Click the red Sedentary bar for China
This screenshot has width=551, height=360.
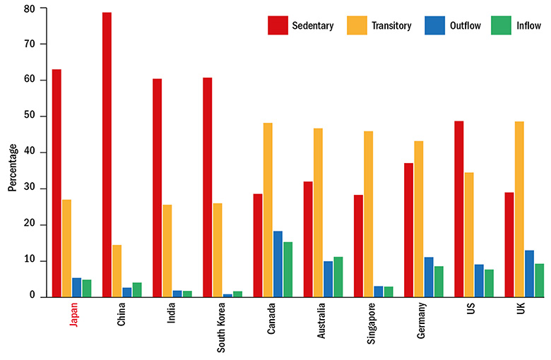[x=107, y=155]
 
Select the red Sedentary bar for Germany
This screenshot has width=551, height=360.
[x=408, y=229]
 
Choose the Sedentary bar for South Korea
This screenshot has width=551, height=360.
[x=207, y=187]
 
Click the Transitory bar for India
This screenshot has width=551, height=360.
[x=167, y=251]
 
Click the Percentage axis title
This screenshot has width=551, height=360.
[x=12, y=168]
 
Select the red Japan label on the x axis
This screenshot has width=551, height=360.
[x=72, y=316]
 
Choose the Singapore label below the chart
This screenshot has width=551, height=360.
[x=372, y=322]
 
